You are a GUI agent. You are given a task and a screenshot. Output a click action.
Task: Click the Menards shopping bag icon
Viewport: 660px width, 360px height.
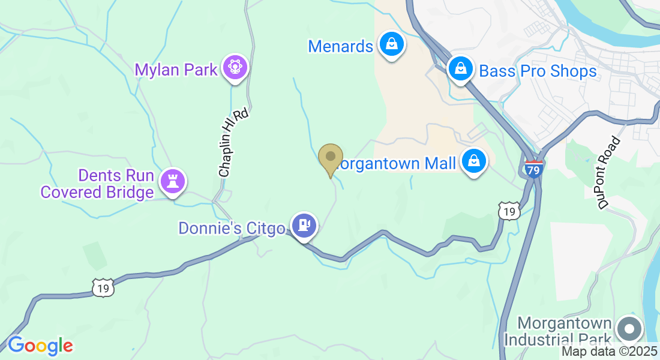pyautogui.click(x=392, y=44)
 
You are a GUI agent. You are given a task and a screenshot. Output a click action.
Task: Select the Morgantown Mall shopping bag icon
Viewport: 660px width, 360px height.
pyautogui.click(x=474, y=161)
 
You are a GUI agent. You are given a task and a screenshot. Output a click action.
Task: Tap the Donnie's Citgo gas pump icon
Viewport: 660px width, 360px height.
pyautogui.click(x=304, y=226)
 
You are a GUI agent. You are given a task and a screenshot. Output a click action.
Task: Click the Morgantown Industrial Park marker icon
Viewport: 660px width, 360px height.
pyautogui.click(x=629, y=329)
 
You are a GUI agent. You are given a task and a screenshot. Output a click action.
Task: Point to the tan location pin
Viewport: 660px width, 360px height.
pyautogui.click(x=330, y=158)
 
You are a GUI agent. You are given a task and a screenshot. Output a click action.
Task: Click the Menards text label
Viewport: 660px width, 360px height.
pyautogui.click(x=341, y=46)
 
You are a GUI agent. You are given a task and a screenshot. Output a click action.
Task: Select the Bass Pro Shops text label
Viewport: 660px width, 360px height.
pyautogui.click(x=538, y=71)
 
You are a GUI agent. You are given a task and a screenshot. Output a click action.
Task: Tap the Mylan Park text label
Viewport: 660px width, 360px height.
pyautogui.click(x=176, y=70)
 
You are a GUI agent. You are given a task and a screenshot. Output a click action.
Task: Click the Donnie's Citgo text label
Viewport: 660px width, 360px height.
pyautogui.click(x=232, y=228)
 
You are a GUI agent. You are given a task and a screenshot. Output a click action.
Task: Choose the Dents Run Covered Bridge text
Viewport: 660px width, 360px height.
pyautogui.click(x=97, y=184)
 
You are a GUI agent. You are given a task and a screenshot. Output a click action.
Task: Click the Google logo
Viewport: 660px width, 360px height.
pyautogui.click(x=40, y=346)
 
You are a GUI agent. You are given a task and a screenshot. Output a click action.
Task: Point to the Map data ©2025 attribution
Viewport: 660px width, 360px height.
pyautogui.click(x=610, y=352)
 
